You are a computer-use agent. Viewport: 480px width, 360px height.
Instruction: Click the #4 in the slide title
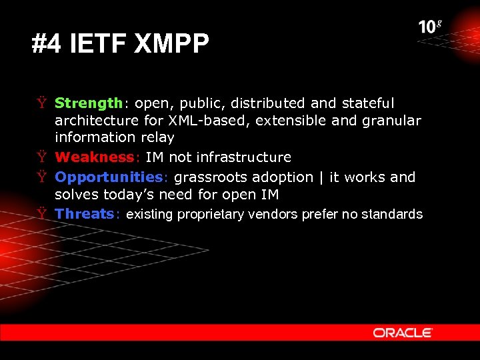(45, 45)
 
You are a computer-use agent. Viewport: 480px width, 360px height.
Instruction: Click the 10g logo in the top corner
(430, 27)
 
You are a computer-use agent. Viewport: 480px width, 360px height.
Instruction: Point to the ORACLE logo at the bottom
(403, 332)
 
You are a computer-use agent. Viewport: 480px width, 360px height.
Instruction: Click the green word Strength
(88, 103)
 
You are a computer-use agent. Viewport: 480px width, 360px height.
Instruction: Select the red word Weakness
(95, 157)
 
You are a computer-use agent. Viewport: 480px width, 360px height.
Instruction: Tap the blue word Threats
(85, 214)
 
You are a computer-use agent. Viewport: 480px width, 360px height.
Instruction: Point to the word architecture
(97, 121)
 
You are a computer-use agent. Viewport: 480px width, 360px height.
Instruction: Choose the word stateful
(367, 103)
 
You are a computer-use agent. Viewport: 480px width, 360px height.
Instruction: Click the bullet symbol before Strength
(41, 103)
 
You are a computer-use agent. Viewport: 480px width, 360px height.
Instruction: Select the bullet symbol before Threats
(41, 214)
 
